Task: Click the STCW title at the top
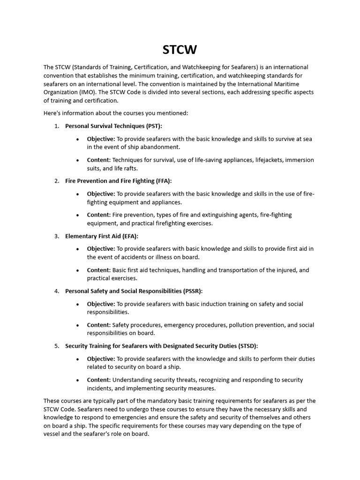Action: pos(180,49)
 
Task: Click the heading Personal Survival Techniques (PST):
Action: pos(113,126)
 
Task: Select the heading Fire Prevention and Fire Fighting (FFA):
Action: pos(118,181)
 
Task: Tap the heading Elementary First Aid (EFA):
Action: pos(101,236)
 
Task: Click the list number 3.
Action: pos(56,236)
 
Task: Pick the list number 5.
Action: pos(56,346)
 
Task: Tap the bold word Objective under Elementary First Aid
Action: pos(100,248)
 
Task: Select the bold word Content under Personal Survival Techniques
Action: pos(98,160)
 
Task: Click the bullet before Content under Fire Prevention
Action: pos(77,215)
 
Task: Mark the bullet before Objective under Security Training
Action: pos(77,359)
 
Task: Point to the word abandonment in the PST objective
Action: pos(157,147)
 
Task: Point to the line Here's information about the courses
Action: pos(116,113)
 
